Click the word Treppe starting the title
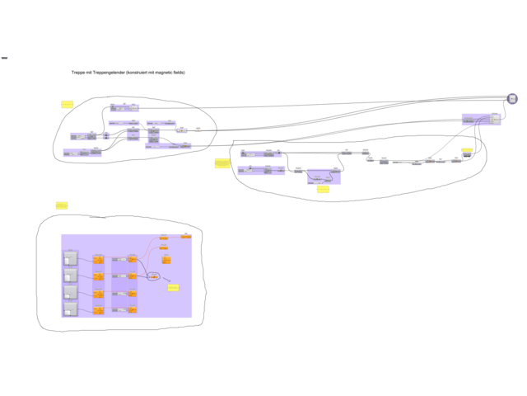pyautogui.click(x=78, y=73)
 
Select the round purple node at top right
pyautogui.click(x=512, y=99)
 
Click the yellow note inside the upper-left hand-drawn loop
pyautogui.click(x=67, y=105)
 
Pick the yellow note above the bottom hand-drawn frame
pyautogui.click(x=61, y=205)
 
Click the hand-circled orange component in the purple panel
pyautogui.click(x=153, y=276)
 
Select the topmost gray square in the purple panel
pyautogui.click(x=70, y=258)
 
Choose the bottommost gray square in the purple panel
pyautogui.click(x=70, y=309)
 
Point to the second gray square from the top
pyautogui.click(x=70, y=275)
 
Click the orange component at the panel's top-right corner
pyautogui.click(x=186, y=237)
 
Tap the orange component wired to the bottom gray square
pyautogui.click(x=99, y=309)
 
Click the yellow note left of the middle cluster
pyautogui.click(x=221, y=163)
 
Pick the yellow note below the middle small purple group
pyautogui.click(x=323, y=189)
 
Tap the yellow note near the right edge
pyautogui.click(x=467, y=150)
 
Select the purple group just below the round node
pyautogui.click(x=481, y=120)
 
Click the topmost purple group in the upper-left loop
pyautogui.click(x=124, y=108)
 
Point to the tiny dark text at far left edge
pyautogui.click(x=4, y=58)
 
